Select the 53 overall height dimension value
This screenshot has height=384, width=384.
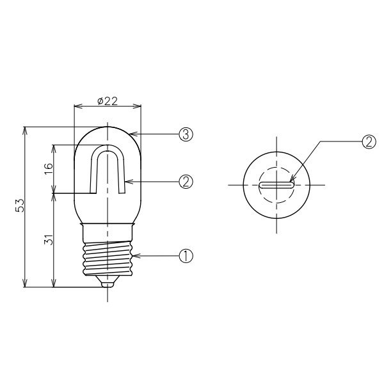click(x=20, y=206)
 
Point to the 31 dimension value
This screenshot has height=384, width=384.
click(x=49, y=241)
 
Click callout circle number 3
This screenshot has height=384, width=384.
click(x=186, y=134)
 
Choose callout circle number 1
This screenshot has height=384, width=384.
click(x=186, y=256)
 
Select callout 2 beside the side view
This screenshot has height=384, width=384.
click(x=186, y=182)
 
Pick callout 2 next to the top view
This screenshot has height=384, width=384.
click(x=367, y=142)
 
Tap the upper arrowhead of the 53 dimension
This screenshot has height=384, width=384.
click(x=26, y=130)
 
